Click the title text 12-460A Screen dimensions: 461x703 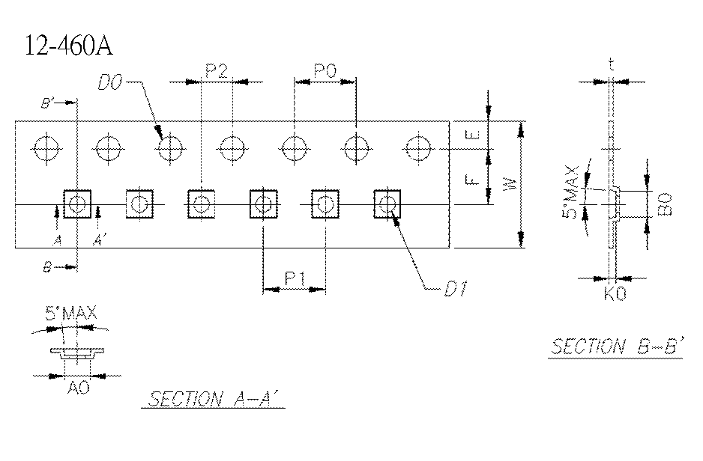[x=68, y=46]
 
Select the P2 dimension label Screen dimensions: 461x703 [x=216, y=71]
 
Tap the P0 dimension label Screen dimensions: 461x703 [x=325, y=71]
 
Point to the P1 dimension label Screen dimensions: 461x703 [x=294, y=279]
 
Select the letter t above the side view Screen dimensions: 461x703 [x=612, y=65]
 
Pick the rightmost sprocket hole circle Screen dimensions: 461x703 [x=418, y=147]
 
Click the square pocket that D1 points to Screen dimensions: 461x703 [x=387, y=204]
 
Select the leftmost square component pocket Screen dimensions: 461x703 [x=78, y=204]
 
